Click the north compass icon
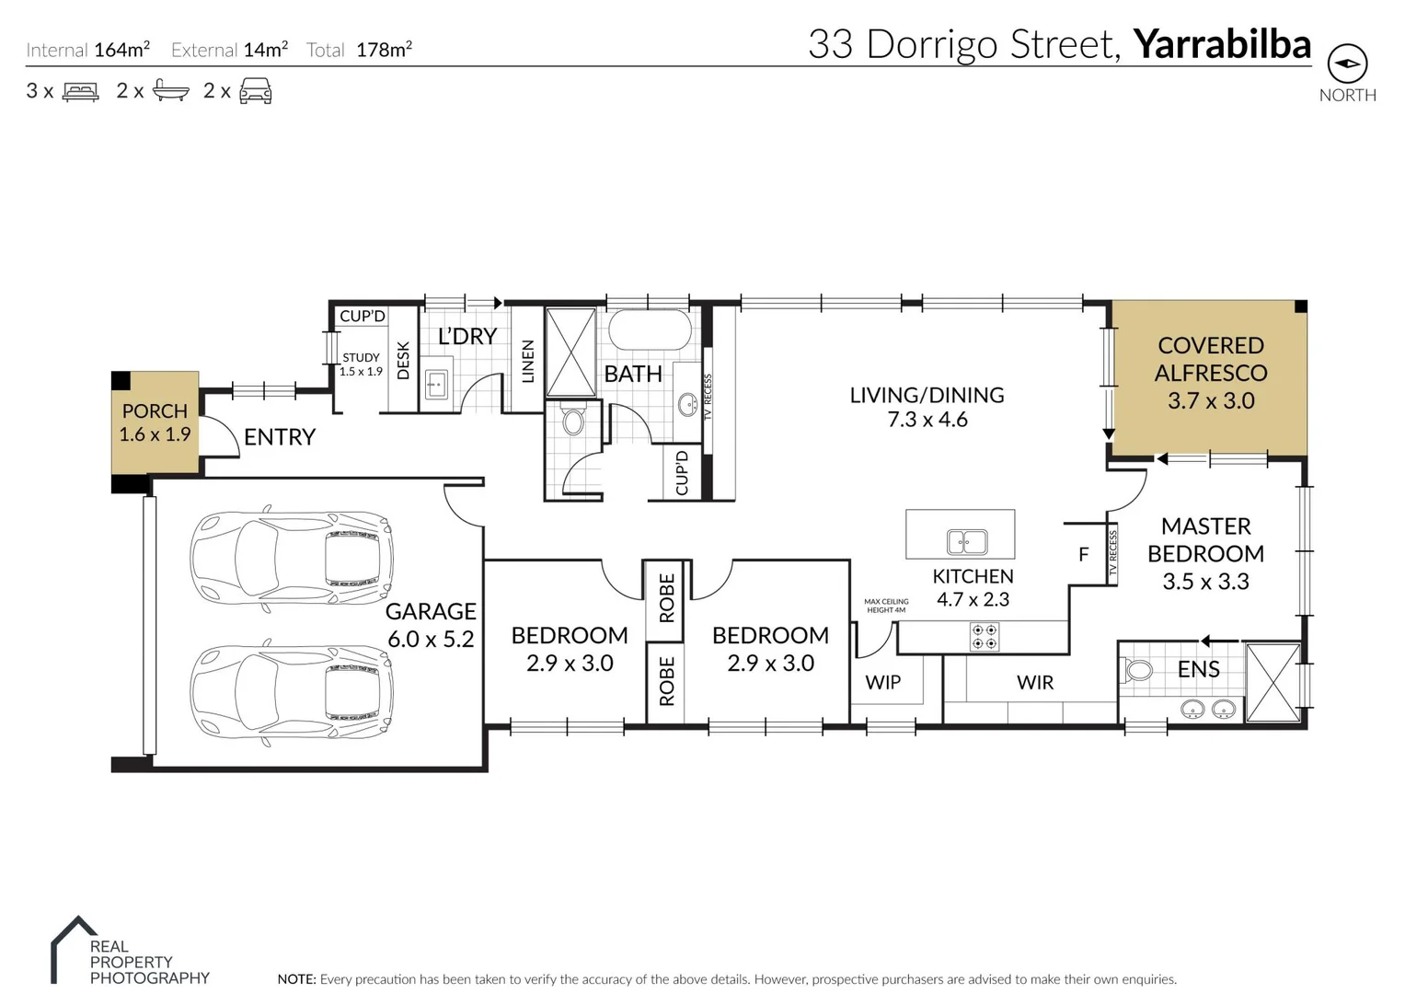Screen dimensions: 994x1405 [x=1347, y=64]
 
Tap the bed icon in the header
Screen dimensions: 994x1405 [x=80, y=91]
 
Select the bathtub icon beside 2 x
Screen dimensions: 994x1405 [x=170, y=90]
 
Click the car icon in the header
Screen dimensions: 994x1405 [x=256, y=90]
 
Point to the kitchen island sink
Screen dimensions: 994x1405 [x=967, y=542]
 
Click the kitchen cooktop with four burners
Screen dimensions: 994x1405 [x=985, y=637]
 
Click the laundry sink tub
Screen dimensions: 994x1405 [x=436, y=384]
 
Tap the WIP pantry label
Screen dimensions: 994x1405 [x=882, y=682]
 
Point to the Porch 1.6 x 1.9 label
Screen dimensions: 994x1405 [x=155, y=422]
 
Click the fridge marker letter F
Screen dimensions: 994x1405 [x=1083, y=554]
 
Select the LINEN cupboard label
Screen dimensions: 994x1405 [x=527, y=361]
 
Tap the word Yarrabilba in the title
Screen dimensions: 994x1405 [x=1221, y=44]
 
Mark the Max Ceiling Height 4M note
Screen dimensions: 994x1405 [x=886, y=606]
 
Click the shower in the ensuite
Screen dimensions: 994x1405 [x=1273, y=682]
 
